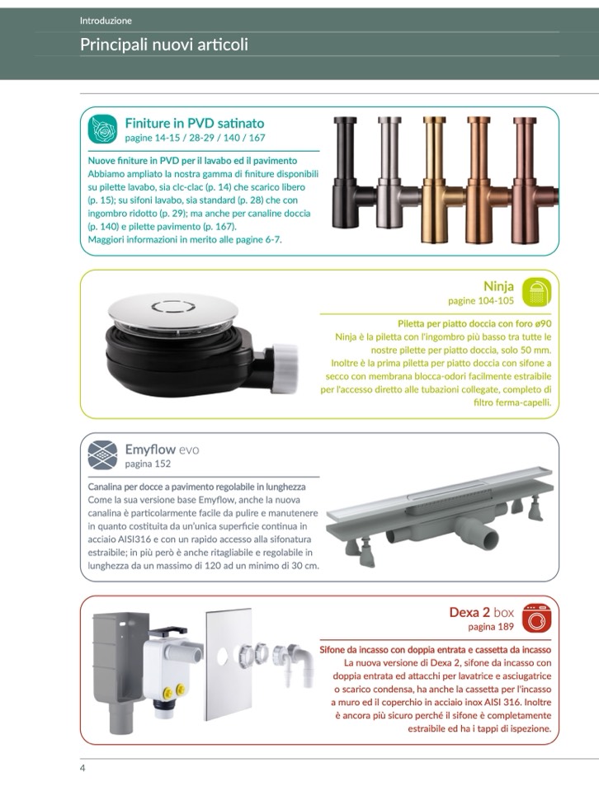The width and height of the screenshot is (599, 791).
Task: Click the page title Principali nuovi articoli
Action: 164,45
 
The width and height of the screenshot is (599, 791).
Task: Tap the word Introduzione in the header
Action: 106,21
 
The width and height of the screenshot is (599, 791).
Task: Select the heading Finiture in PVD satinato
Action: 195,123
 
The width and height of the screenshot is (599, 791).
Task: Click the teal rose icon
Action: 102,129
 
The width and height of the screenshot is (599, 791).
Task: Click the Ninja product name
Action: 498,286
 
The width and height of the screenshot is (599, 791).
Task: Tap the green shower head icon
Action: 536,292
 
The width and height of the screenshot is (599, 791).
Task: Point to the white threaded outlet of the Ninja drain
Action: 284,368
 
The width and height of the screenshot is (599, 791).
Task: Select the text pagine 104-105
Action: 481,301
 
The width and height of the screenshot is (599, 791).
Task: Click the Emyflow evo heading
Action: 162,449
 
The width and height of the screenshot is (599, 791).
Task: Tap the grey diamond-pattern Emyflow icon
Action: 102,455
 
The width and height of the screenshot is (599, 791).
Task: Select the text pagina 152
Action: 148,464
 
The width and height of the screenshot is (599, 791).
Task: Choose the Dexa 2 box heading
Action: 481,612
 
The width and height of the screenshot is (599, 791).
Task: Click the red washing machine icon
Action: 536,618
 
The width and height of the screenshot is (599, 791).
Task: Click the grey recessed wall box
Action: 121,671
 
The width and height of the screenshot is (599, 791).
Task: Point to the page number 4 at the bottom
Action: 83,768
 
